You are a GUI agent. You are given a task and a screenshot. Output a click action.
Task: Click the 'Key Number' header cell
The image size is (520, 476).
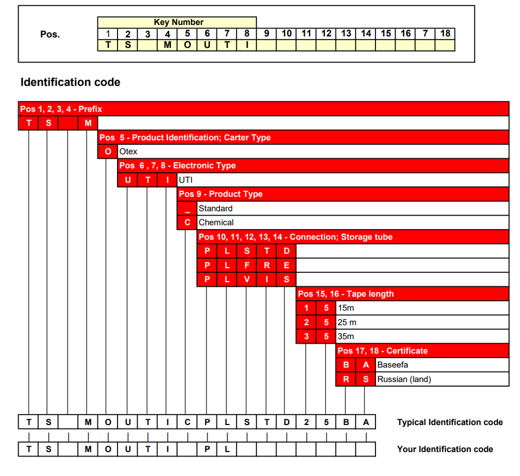(x=178, y=22)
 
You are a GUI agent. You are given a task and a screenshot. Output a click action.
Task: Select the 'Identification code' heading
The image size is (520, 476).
(x=70, y=82)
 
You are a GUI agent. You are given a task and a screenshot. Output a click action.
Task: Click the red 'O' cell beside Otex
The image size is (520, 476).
(x=108, y=152)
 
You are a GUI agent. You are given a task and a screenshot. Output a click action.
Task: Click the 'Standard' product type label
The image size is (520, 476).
(x=215, y=208)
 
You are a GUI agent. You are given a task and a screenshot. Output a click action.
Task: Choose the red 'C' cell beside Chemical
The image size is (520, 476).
(x=187, y=222)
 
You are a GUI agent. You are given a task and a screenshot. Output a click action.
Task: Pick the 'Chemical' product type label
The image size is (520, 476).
(x=216, y=222)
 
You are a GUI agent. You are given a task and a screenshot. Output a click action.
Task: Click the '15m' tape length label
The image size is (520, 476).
(x=346, y=308)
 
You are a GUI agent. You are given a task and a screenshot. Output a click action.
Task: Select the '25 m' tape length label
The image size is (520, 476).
(x=347, y=322)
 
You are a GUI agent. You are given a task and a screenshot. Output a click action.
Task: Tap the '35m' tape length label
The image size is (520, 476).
(x=346, y=336)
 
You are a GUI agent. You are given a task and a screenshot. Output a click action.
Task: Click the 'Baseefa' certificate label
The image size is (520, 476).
(x=393, y=365)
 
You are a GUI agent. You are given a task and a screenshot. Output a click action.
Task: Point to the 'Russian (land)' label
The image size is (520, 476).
(x=404, y=379)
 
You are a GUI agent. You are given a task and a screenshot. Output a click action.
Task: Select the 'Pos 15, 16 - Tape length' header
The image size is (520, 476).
(x=346, y=294)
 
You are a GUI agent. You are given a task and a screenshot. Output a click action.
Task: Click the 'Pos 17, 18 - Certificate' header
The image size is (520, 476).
(x=383, y=351)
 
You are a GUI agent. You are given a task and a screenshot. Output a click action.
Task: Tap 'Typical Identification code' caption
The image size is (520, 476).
(x=450, y=422)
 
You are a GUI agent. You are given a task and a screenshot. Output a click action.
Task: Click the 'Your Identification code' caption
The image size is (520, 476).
(x=445, y=449)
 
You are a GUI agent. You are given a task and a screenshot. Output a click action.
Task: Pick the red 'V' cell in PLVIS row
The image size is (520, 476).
(x=246, y=280)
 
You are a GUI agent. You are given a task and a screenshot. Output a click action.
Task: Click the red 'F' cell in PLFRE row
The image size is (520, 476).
(x=246, y=265)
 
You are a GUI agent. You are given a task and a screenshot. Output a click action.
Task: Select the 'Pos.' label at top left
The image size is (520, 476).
(x=50, y=35)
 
